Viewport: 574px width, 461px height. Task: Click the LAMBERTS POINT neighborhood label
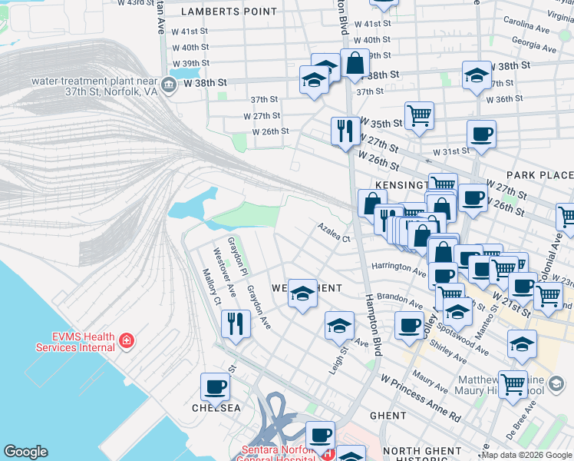click(x=228, y=12)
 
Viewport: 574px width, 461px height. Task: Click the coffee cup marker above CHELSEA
click(x=215, y=386)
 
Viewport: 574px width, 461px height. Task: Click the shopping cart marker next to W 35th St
click(x=419, y=115)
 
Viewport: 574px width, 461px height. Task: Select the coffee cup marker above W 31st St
click(x=481, y=134)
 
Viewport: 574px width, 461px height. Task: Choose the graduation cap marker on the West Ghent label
click(x=302, y=293)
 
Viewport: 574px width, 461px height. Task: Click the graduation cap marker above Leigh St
click(x=339, y=326)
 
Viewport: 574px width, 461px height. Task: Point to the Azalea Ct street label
click(x=335, y=233)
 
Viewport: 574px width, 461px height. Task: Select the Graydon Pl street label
click(x=236, y=257)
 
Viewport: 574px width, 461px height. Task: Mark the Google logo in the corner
click(x=25, y=452)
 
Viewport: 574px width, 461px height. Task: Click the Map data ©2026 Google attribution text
click(x=526, y=455)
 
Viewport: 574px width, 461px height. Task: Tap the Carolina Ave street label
click(x=526, y=22)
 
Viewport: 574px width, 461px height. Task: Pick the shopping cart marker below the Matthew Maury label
click(x=513, y=385)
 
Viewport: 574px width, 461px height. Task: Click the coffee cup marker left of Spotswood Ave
click(x=410, y=326)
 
